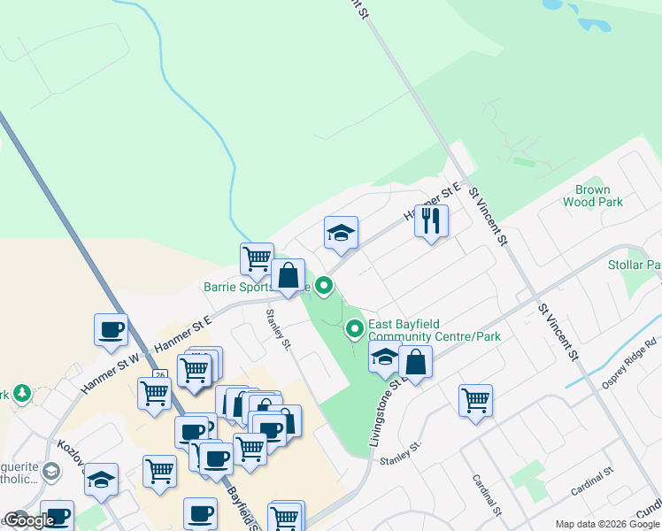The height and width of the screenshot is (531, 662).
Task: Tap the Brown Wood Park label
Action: click(592, 196)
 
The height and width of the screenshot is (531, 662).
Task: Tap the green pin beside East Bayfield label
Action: click(355, 329)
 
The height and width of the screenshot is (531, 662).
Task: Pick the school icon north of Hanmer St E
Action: click(341, 233)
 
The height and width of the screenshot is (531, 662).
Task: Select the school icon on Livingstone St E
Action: click(384, 359)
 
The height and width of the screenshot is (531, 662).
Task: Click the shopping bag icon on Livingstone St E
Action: click(415, 361)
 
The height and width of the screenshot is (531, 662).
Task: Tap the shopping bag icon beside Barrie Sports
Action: click(288, 275)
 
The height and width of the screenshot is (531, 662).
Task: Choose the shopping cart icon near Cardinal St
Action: click(476, 400)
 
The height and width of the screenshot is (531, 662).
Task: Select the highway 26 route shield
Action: click(159, 375)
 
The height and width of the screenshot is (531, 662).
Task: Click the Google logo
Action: click(29, 520)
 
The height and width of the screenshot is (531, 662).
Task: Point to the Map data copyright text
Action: click(606, 524)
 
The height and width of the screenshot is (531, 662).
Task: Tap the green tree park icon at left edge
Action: click(20, 393)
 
